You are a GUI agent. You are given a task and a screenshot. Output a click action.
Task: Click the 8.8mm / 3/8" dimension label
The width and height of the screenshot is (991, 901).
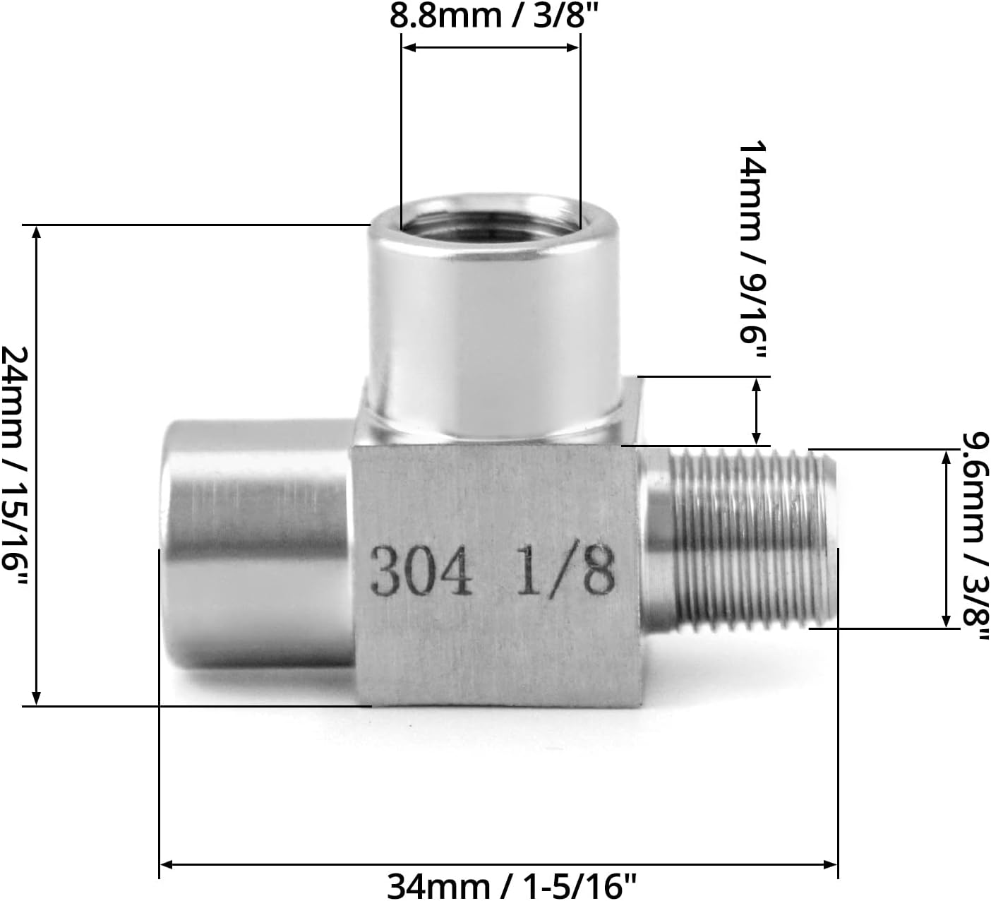[490, 16]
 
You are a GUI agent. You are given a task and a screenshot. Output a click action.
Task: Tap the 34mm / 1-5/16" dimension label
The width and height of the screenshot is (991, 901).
[512, 885]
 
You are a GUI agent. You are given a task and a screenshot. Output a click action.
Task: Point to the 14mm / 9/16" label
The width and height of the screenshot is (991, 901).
[752, 251]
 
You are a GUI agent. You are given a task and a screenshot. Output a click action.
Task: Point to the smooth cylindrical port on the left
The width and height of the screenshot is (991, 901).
[254, 544]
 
